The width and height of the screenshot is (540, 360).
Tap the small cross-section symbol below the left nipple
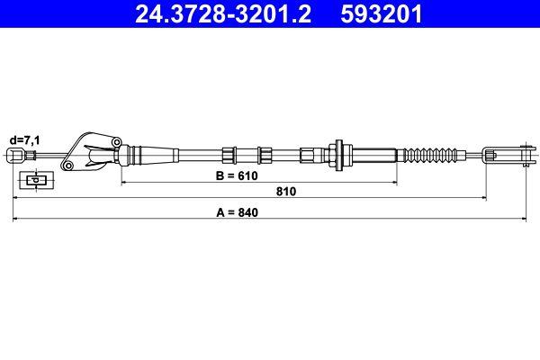pos(35,180)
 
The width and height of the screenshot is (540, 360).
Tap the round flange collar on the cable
pos(339,154)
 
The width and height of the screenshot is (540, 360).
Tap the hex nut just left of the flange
pos(310,154)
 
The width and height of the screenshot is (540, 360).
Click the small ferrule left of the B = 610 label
pos(229,154)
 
